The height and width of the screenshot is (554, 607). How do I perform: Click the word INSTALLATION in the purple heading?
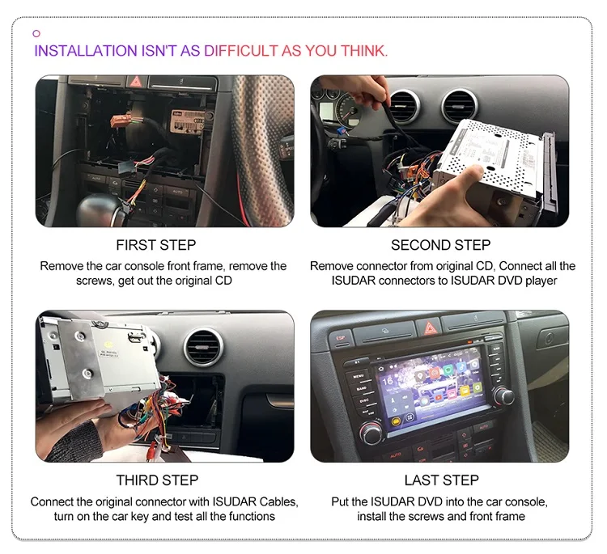tap(85, 51)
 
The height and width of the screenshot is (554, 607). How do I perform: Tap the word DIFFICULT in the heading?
tap(240, 51)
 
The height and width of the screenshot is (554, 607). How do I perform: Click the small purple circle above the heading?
tap(36, 33)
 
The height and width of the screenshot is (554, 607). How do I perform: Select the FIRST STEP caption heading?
tap(156, 245)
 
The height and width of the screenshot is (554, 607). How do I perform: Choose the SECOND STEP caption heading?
tap(442, 245)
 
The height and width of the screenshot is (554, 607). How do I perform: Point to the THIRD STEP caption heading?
tap(157, 480)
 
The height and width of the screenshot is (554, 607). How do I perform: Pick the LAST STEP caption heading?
tap(441, 480)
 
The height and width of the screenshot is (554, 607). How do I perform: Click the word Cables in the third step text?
tap(275, 501)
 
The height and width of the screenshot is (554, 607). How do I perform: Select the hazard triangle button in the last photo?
tap(427, 328)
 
